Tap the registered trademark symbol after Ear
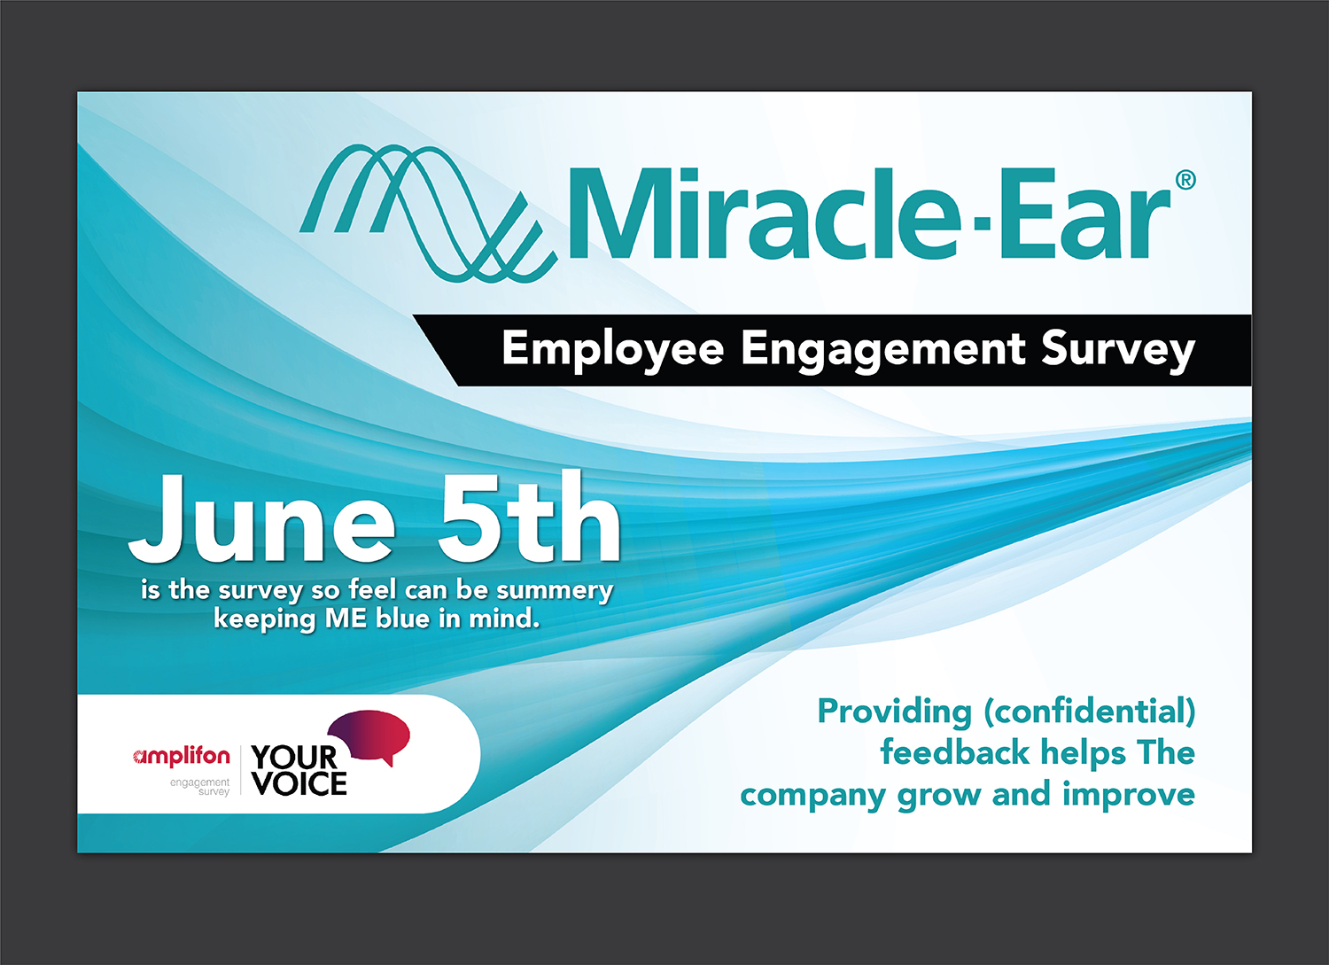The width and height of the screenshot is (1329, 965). click(1185, 180)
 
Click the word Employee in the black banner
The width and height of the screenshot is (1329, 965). click(613, 350)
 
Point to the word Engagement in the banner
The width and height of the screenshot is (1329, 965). click(883, 350)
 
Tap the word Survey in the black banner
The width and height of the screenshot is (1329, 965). click(1118, 350)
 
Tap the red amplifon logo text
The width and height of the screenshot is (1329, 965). click(183, 756)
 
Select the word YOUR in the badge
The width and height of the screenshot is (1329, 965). click(294, 758)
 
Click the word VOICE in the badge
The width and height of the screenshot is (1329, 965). click(299, 783)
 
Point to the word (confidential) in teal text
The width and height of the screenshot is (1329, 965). click(1089, 712)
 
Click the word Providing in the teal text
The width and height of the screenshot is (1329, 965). click(895, 712)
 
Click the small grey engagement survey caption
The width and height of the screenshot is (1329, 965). click(200, 787)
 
